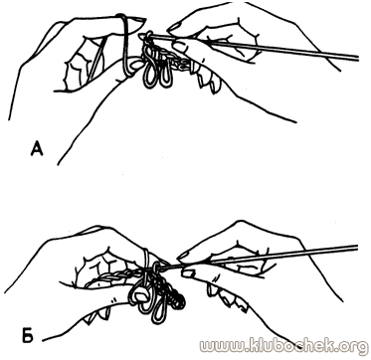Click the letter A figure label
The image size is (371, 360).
tap(37, 148)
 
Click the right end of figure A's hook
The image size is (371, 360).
tap(358, 58)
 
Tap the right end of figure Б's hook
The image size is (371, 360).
tap(357, 248)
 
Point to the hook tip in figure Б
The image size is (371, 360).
tap(155, 266)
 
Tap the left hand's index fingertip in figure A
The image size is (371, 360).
tap(136, 23)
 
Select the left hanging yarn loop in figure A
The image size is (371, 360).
tap(149, 74)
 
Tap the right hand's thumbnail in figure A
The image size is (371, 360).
tap(180, 47)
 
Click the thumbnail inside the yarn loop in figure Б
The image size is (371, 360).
tap(141, 295)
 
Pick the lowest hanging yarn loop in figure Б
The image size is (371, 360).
tap(159, 310)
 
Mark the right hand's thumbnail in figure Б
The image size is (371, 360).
tap(188, 272)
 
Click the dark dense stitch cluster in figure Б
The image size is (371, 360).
tap(175, 296)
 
